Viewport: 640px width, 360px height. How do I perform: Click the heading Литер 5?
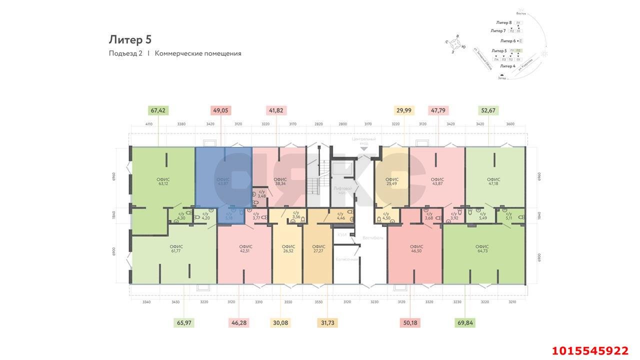tap(130, 39)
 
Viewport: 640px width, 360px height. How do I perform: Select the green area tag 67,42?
tap(158, 110)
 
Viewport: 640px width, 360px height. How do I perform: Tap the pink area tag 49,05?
tap(220, 110)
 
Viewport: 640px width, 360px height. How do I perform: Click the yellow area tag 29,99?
tap(403, 110)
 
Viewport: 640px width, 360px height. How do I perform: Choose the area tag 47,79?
tap(438, 110)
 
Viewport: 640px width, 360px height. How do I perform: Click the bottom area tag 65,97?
tap(184, 322)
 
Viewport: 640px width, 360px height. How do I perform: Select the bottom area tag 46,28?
tap(239, 322)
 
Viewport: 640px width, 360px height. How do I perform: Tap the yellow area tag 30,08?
tap(279, 322)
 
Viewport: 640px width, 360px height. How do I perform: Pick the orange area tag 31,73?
tap(327, 322)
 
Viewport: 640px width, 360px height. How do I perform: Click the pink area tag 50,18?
tap(410, 322)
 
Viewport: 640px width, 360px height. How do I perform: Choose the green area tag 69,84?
tap(465, 322)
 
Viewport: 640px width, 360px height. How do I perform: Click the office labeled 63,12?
tap(163, 181)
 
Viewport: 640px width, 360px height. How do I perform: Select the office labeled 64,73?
tap(482, 248)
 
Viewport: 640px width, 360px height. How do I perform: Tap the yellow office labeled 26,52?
tap(288, 248)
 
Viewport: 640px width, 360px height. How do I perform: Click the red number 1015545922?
tap(589, 350)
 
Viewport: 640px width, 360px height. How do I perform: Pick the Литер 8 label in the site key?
tap(503, 22)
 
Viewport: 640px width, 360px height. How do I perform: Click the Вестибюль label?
tap(373, 238)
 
